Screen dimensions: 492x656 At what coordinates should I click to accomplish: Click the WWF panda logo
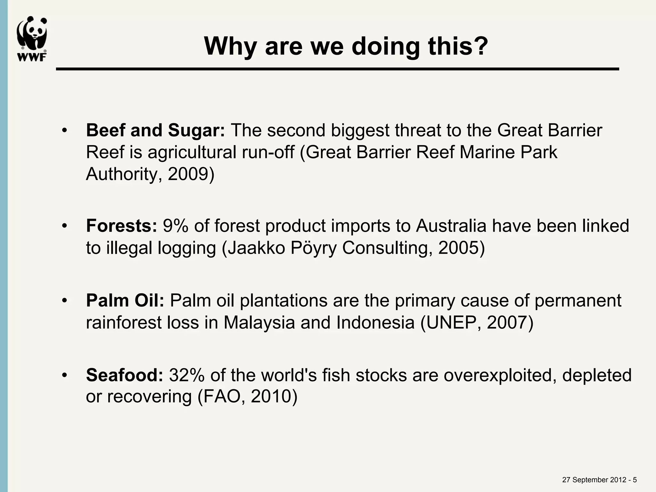click(32, 38)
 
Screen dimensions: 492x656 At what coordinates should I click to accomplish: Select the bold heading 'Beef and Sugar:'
click(155, 131)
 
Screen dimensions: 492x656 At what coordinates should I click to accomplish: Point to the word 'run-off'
click(268, 152)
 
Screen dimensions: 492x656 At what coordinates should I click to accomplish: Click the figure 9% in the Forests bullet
click(176, 226)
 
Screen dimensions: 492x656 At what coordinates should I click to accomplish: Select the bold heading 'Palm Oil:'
click(125, 301)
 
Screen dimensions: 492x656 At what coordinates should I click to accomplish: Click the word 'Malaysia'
click(259, 323)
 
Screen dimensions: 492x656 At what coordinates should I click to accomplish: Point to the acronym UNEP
click(454, 323)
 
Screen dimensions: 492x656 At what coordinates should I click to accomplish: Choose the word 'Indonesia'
click(375, 323)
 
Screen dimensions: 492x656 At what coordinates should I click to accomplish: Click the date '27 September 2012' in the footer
click(594, 480)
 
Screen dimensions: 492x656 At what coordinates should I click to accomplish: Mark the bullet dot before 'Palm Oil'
click(65, 301)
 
